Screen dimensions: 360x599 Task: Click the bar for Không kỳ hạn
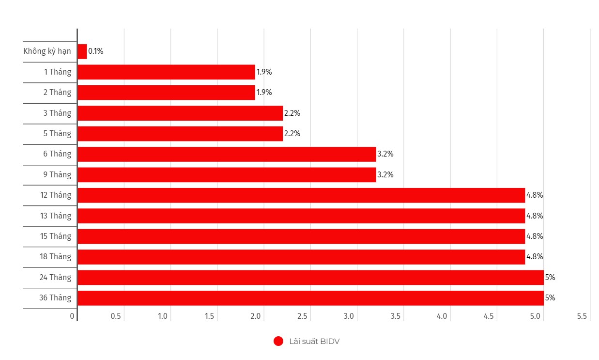[x=82, y=51]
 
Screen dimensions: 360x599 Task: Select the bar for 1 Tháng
[x=166, y=72]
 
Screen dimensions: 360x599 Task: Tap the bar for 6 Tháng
[x=227, y=154]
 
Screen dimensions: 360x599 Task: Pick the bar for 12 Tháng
[x=301, y=195]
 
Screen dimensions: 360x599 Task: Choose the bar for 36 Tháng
[x=310, y=298]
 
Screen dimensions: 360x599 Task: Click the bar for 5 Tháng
[x=180, y=134]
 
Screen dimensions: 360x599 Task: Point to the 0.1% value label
[x=96, y=51]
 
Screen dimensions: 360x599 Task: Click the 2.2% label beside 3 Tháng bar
[x=292, y=113]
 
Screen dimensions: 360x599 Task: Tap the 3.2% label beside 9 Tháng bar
[x=385, y=175]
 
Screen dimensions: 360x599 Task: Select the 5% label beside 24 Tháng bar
[x=550, y=278]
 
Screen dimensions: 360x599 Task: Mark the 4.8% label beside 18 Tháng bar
[x=535, y=257]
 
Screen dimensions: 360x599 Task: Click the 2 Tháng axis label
[x=57, y=93]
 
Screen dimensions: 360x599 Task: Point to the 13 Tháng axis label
[x=55, y=216]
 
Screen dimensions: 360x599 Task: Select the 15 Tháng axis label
[x=55, y=236]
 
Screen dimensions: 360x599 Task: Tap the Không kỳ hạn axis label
[x=47, y=51]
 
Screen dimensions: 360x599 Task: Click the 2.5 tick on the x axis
[x=302, y=316]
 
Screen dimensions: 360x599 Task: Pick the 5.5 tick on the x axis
[x=582, y=316]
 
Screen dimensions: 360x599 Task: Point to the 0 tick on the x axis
[x=72, y=316]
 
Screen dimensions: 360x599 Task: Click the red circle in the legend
[x=278, y=342]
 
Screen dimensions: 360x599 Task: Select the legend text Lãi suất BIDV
[x=314, y=342]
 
